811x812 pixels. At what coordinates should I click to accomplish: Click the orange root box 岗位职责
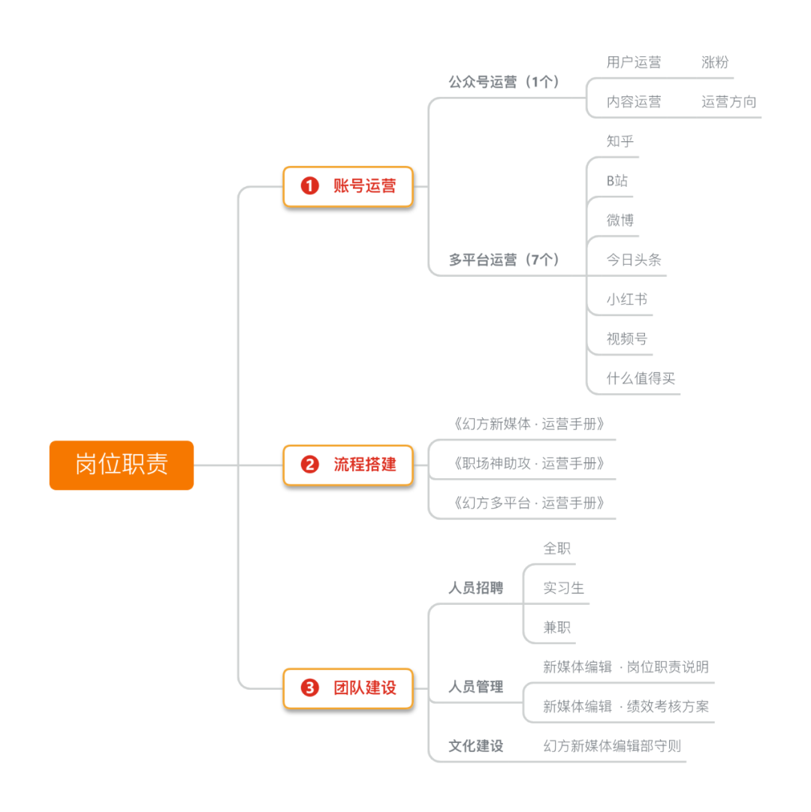click(122, 465)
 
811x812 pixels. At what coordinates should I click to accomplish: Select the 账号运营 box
click(348, 187)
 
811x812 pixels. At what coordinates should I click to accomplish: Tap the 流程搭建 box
click(348, 465)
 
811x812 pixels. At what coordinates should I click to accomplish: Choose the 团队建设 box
click(348, 687)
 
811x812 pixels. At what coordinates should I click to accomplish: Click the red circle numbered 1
click(309, 187)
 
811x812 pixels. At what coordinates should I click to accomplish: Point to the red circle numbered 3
click(309, 687)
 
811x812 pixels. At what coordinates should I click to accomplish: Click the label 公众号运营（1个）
click(504, 83)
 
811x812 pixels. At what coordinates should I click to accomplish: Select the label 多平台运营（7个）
click(504, 260)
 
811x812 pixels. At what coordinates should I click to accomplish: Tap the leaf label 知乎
click(621, 140)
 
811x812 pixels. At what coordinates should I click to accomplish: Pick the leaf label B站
click(617, 180)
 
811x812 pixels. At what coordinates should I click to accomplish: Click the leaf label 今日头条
click(634, 260)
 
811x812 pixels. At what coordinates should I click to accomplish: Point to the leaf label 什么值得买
click(641, 378)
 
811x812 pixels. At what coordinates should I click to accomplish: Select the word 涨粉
click(715, 62)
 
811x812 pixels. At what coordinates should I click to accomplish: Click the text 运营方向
click(728, 102)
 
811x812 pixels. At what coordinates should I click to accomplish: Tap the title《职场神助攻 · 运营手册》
click(529, 463)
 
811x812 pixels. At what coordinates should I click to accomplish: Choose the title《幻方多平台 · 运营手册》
click(529, 503)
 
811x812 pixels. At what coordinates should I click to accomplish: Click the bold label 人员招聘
click(476, 588)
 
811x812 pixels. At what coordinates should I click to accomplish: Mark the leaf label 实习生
click(563, 588)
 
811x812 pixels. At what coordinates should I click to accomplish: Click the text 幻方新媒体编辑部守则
click(612, 746)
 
